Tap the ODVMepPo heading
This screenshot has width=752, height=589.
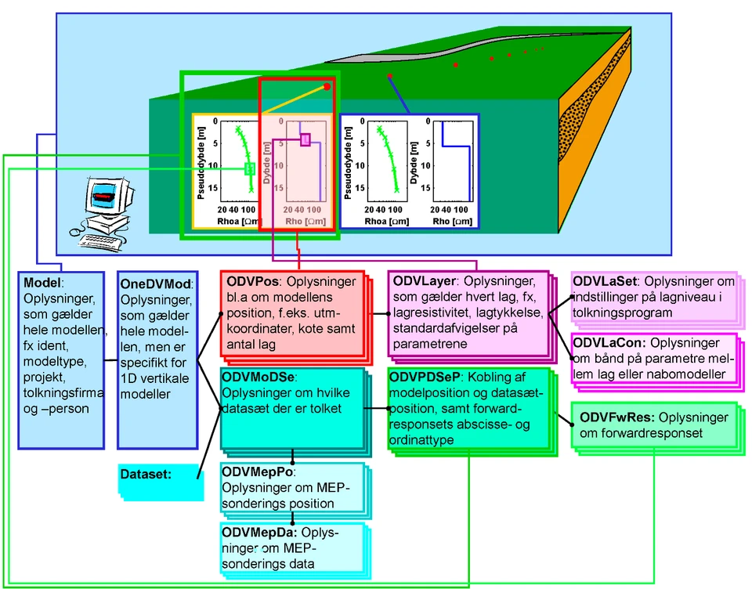tap(258, 472)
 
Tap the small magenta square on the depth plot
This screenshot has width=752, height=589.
tap(305, 139)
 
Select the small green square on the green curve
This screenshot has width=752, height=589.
tap(249, 168)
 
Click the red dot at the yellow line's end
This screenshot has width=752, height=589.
tap(327, 86)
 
